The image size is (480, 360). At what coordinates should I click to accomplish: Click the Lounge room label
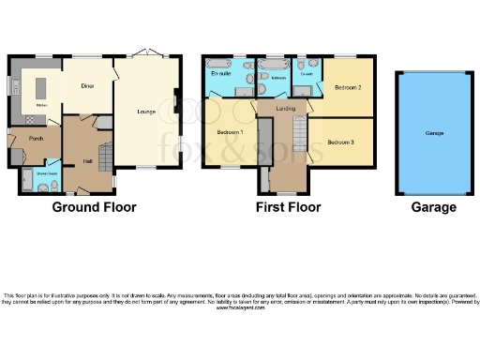145,112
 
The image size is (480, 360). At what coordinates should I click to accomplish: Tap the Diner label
87,85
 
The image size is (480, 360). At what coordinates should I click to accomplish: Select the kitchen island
40,87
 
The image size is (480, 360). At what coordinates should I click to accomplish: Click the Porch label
35,139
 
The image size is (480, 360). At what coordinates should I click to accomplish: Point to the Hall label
86,161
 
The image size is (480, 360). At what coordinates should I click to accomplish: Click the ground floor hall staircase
105,155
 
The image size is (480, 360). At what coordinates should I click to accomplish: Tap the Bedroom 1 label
230,132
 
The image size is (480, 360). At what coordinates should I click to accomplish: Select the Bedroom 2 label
347,86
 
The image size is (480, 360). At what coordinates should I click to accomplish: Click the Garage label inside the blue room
434,133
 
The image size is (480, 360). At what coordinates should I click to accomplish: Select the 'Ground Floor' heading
93,207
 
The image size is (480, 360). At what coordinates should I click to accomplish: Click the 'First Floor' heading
289,207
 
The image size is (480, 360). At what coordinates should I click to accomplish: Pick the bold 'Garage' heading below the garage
433,207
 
